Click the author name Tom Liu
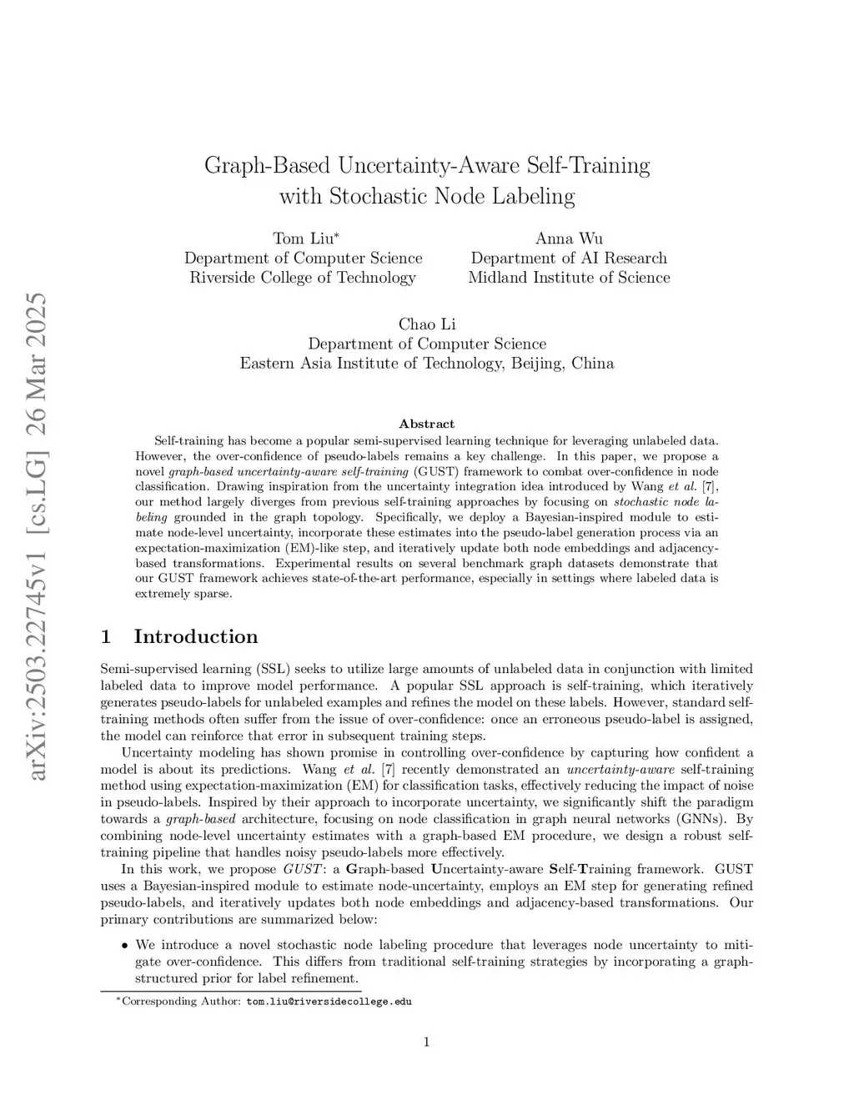(x=301, y=239)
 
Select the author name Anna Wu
(x=569, y=239)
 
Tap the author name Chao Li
(x=427, y=324)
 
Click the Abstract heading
(x=427, y=424)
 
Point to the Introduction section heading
(x=196, y=637)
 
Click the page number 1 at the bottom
(x=427, y=1041)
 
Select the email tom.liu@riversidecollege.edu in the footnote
(x=329, y=1002)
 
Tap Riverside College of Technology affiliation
(x=303, y=278)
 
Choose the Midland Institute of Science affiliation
(x=569, y=278)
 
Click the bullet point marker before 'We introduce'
(x=124, y=946)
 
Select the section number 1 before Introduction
(x=106, y=637)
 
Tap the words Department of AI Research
(x=569, y=259)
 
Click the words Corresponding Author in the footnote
(x=181, y=1002)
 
